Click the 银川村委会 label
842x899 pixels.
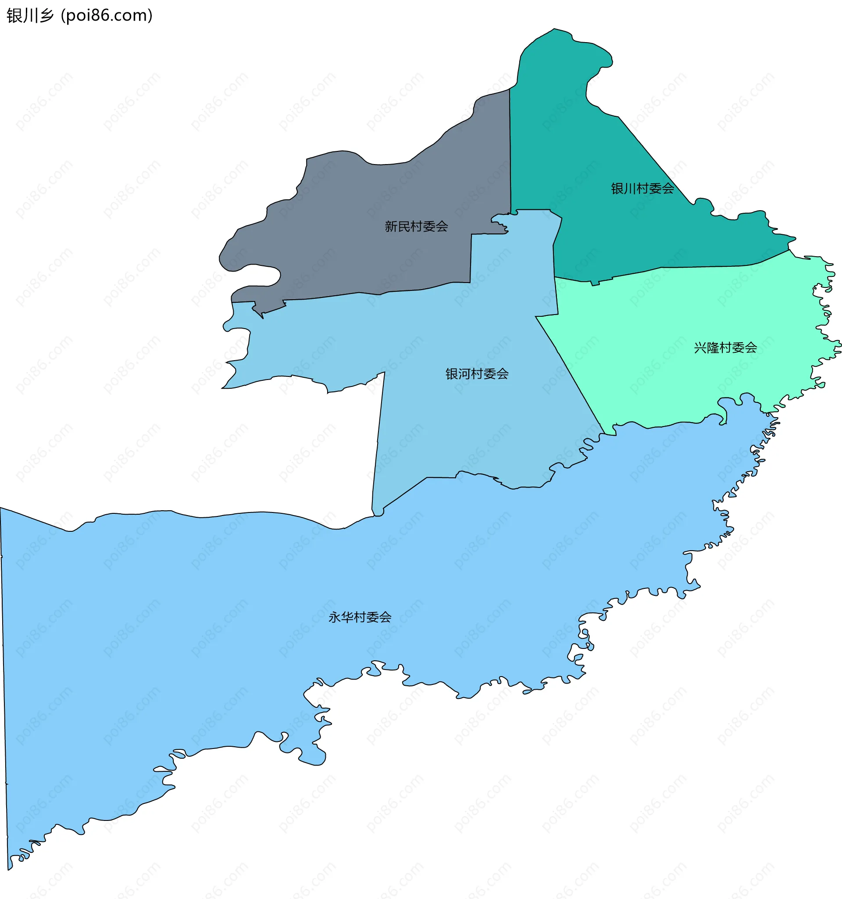point(642,189)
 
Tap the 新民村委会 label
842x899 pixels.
point(416,226)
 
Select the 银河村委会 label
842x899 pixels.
point(477,373)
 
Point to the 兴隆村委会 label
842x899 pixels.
point(725,347)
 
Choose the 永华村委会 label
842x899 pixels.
point(359,617)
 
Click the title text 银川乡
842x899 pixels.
point(30,15)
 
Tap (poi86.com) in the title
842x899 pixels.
point(107,15)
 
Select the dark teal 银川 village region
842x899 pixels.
point(588,149)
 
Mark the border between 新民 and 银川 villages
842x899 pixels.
point(510,149)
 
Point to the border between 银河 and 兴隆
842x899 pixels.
point(570,371)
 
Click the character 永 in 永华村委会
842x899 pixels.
point(334,617)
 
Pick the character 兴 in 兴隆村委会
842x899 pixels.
point(700,347)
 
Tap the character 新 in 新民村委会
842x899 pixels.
point(390,226)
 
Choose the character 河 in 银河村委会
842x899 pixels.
point(464,373)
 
